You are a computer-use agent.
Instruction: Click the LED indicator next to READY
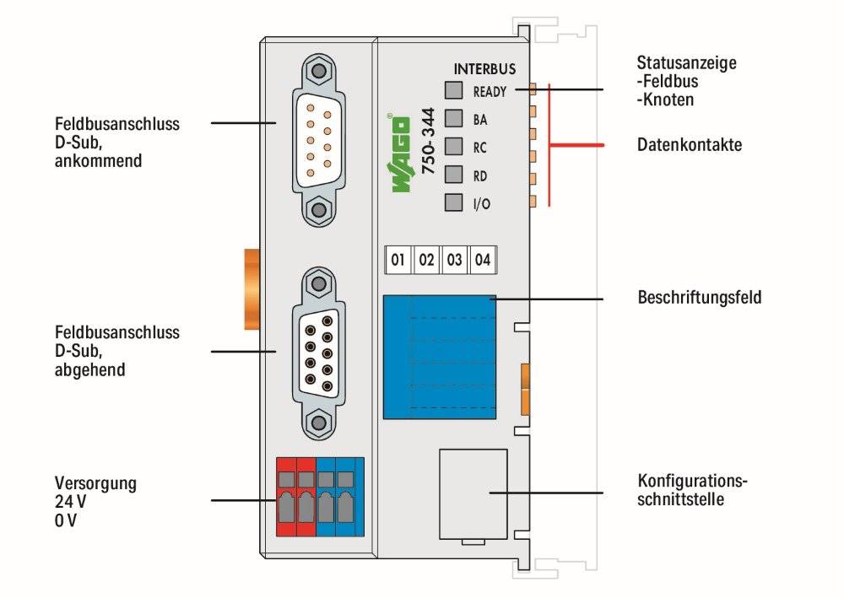[454, 90]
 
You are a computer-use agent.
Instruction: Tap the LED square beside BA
[454, 118]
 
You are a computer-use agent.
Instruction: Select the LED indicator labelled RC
[454, 146]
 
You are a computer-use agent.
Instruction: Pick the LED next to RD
[454, 175]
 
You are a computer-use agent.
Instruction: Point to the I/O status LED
[454, 202]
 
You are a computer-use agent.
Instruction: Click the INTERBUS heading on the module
[484, 69]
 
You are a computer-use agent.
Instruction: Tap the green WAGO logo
[399, 154]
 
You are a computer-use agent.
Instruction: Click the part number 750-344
[428, 141]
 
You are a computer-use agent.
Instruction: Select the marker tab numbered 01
[398, 260]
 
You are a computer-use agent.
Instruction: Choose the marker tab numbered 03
[454, 260]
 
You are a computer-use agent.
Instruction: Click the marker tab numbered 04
[483, 260]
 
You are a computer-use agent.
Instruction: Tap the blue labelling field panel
[439, 357]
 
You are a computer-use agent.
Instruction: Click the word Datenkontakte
[690, 145]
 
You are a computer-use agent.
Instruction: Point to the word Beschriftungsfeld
[699, 298]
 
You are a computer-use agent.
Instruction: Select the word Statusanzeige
[686, 62]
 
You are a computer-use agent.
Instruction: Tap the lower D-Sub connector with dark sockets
[319, 354]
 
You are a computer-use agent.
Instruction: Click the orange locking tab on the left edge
[252, 288]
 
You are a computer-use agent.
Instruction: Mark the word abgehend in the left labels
[90, 370]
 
